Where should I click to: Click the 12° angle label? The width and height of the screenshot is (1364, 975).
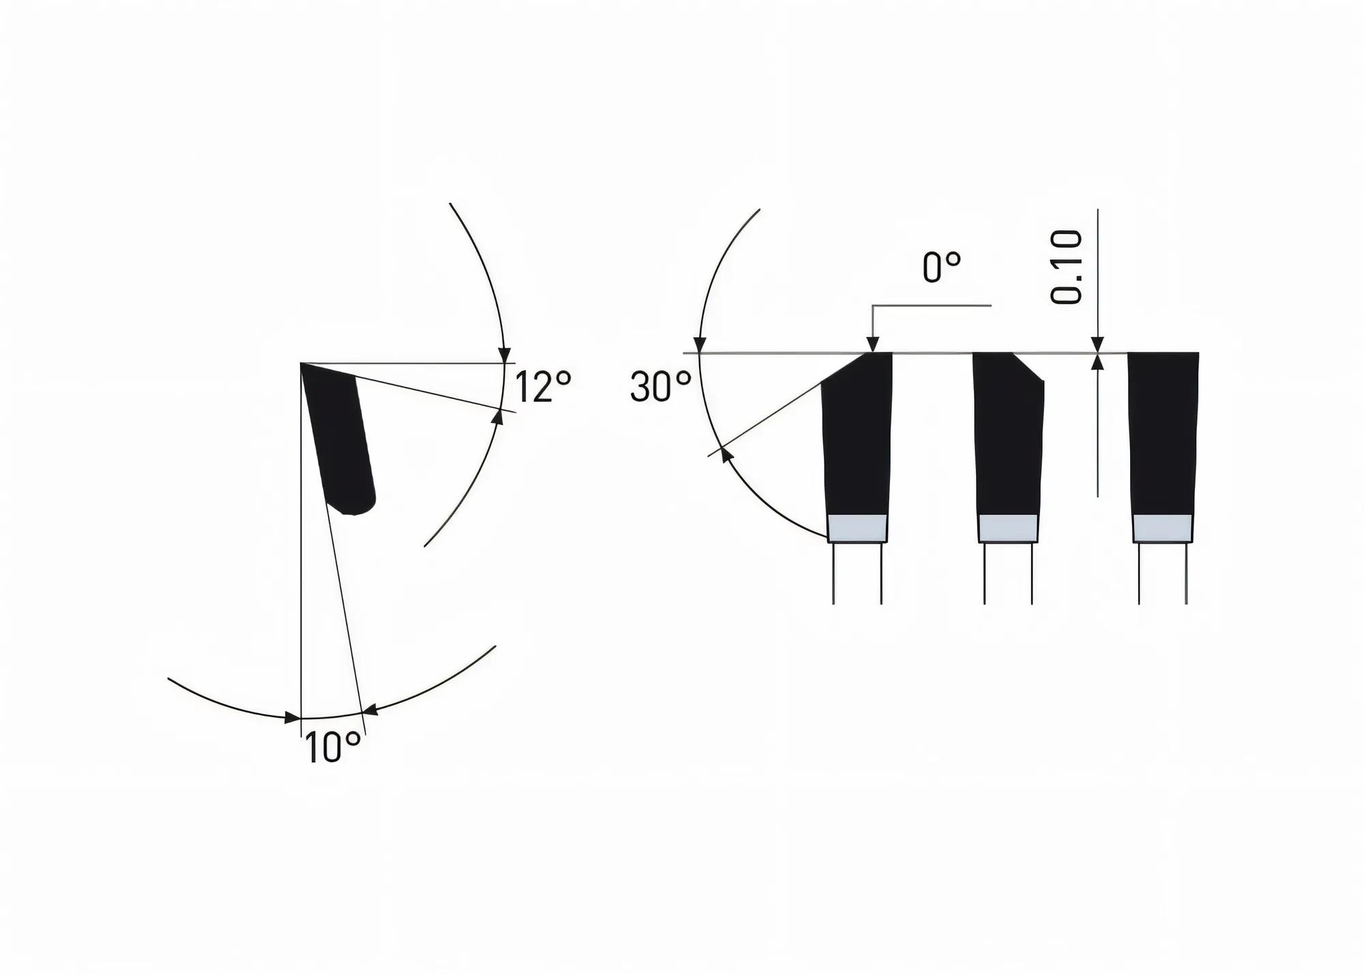coord(542,387)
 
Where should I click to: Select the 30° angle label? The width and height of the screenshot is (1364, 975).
coord(660,387)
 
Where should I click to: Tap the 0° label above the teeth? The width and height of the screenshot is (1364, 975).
coord(942,267)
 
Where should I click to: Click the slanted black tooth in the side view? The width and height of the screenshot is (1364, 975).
coord(339,437)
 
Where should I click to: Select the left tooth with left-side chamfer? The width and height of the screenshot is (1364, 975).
coord(857,437)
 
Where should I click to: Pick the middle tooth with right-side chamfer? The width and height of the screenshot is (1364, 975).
coord(1009,437)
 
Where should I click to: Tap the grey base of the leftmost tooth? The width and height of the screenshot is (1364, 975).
coord(857,528)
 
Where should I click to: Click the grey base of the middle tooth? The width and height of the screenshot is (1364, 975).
coord(1009,528)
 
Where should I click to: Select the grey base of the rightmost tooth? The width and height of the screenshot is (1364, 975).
coord(1163,528)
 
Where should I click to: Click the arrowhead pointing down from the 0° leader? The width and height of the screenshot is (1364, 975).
coord(872,345)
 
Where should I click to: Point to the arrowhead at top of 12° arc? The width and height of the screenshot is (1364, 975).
coord(504,355)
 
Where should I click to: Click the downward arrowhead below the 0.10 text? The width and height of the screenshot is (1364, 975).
coord(1097,345)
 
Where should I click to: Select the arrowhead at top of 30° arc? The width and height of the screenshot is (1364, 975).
coord(699,345)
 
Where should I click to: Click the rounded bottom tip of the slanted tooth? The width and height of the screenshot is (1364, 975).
coord(355,508)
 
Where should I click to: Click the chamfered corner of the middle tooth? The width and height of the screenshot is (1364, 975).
coord(1028,366)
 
